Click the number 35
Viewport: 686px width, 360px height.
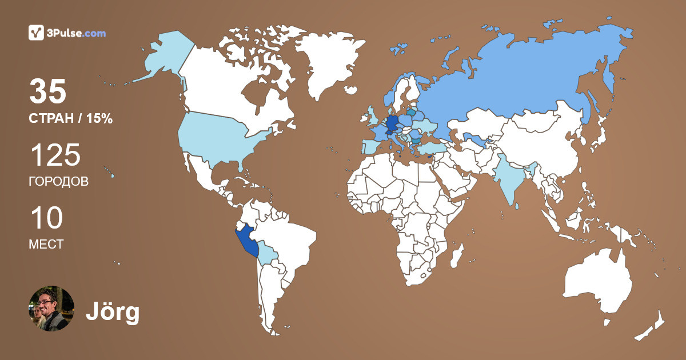pos(48,91)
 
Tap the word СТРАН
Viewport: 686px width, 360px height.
pos(51,119)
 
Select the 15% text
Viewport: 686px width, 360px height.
pos(98,119)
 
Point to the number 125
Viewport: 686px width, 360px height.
pos(55,155)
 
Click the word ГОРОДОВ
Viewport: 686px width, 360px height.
pos(58,182)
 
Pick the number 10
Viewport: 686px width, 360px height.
pos(46,218)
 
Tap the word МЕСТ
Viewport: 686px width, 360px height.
pos(46,244)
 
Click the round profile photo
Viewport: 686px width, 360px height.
pos(51,309)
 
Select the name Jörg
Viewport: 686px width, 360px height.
pos(113,312)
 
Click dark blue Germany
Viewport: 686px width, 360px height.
pos(392,124)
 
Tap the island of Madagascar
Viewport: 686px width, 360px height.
pos(456,255)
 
